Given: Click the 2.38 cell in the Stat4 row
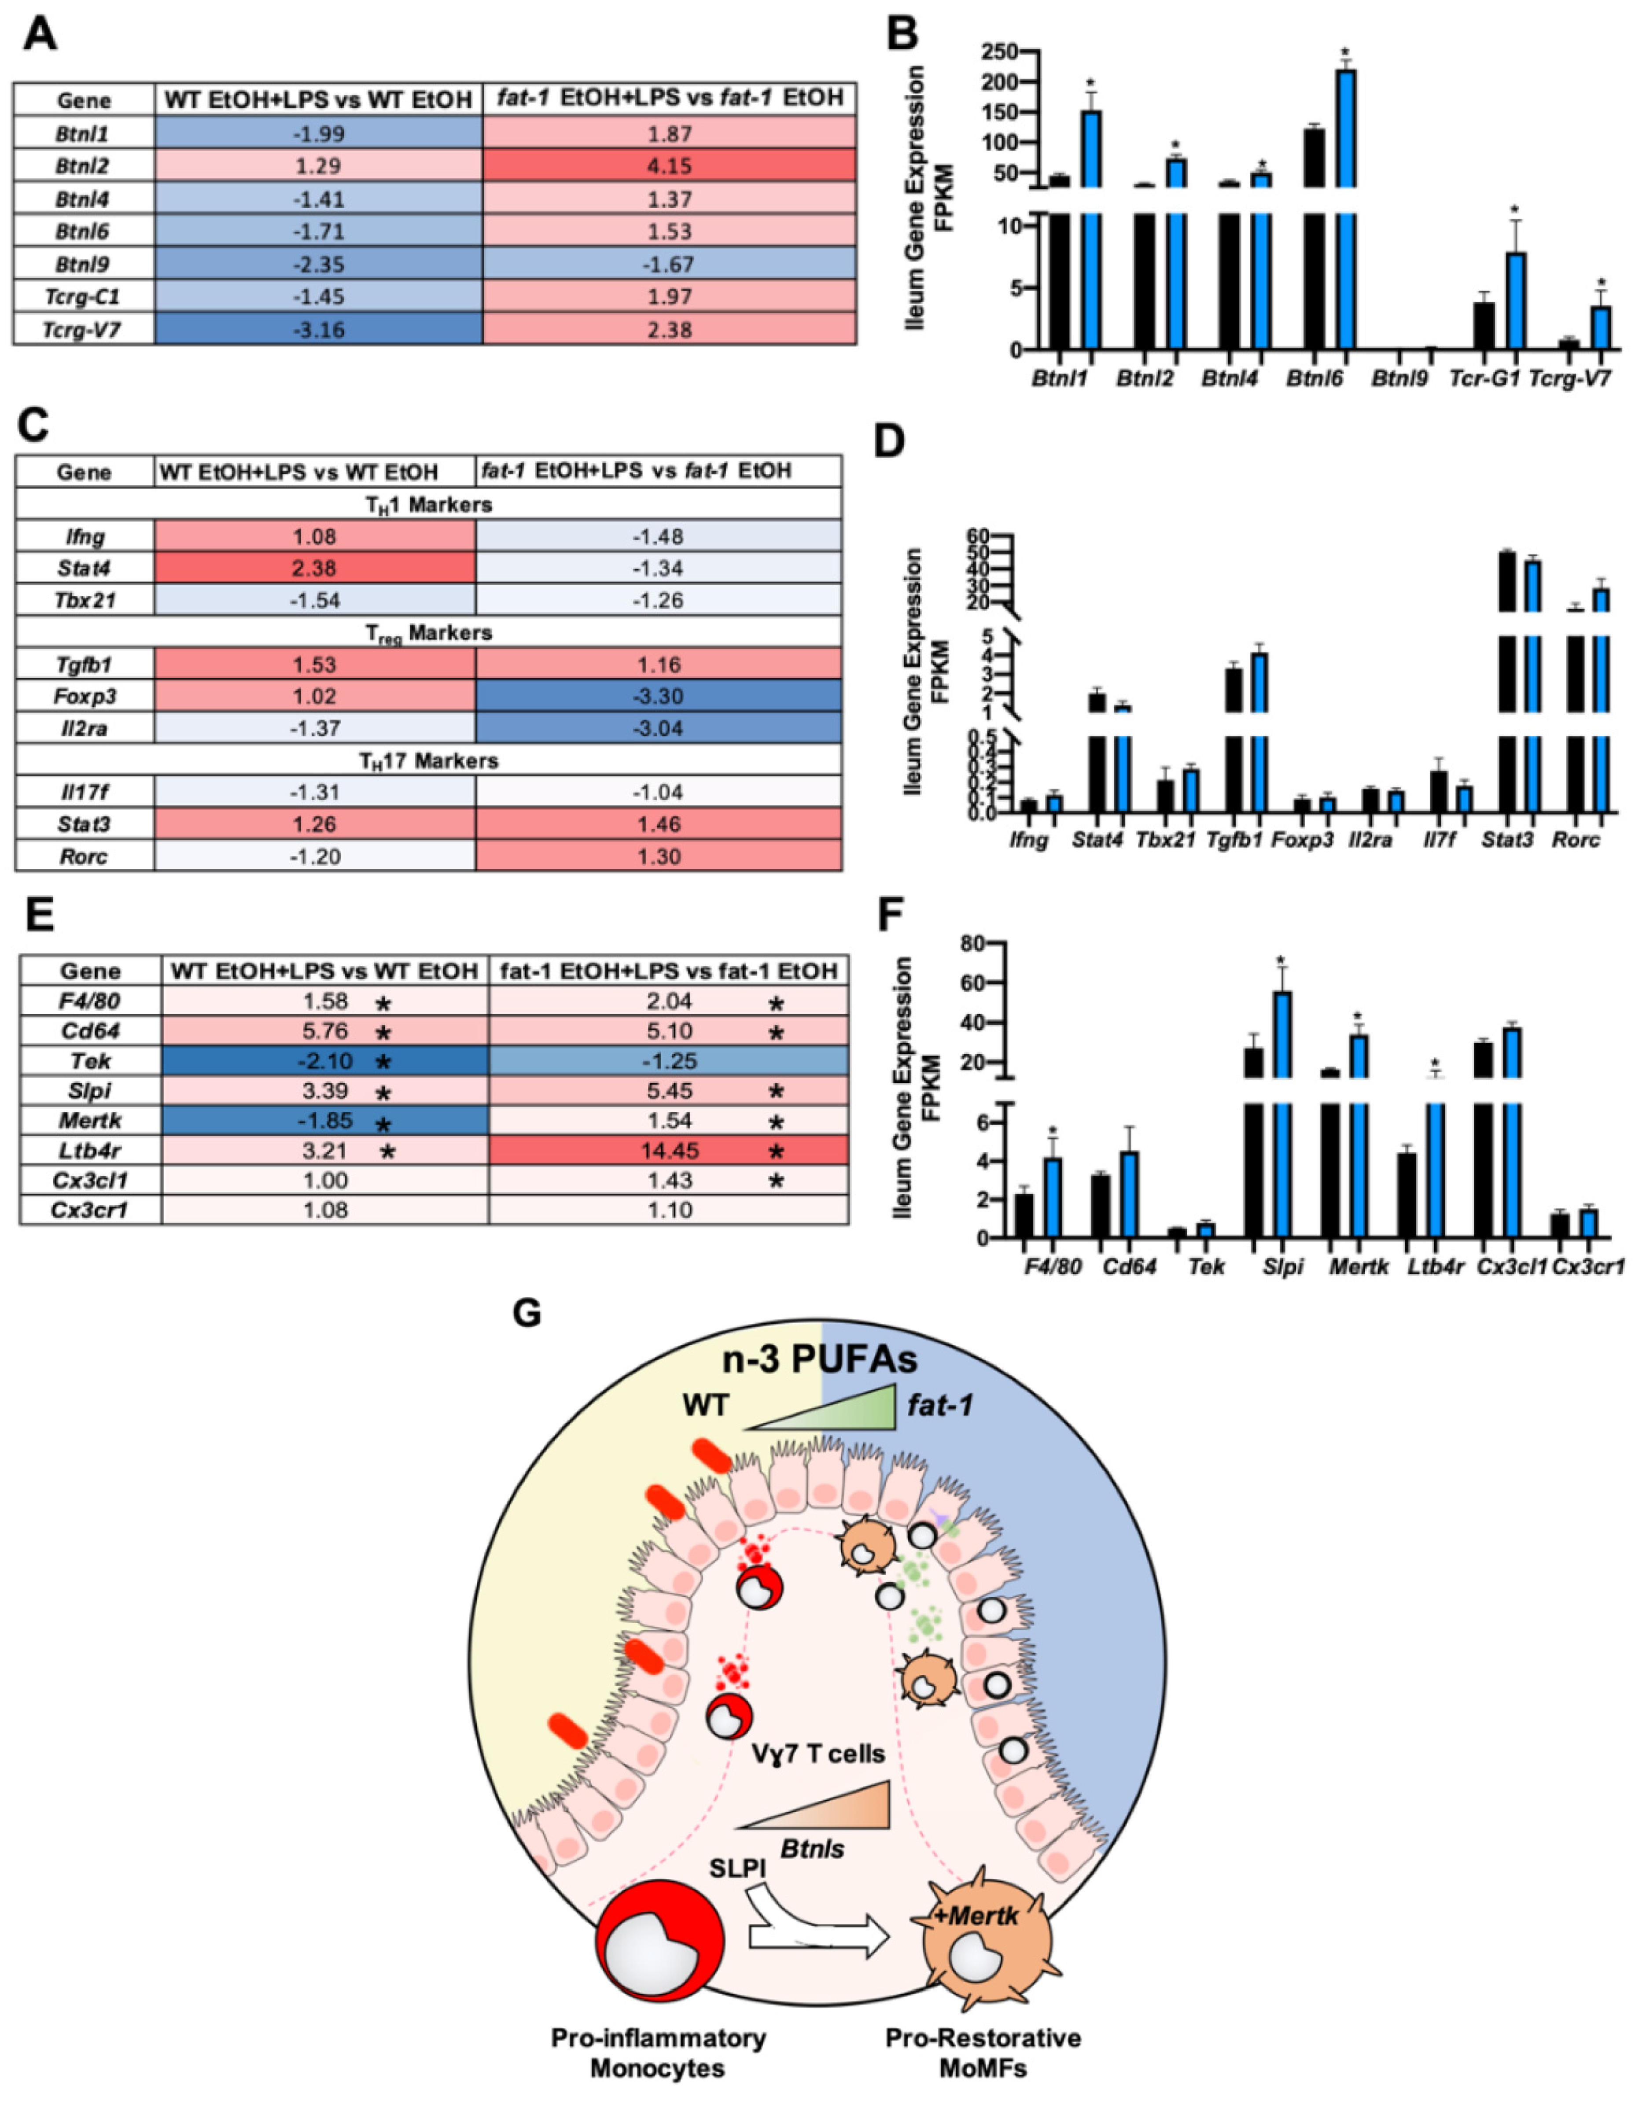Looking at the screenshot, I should pyautogui.click(x=316, y=568).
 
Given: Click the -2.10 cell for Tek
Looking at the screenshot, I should pyautogui.click(x=325, y=1061).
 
